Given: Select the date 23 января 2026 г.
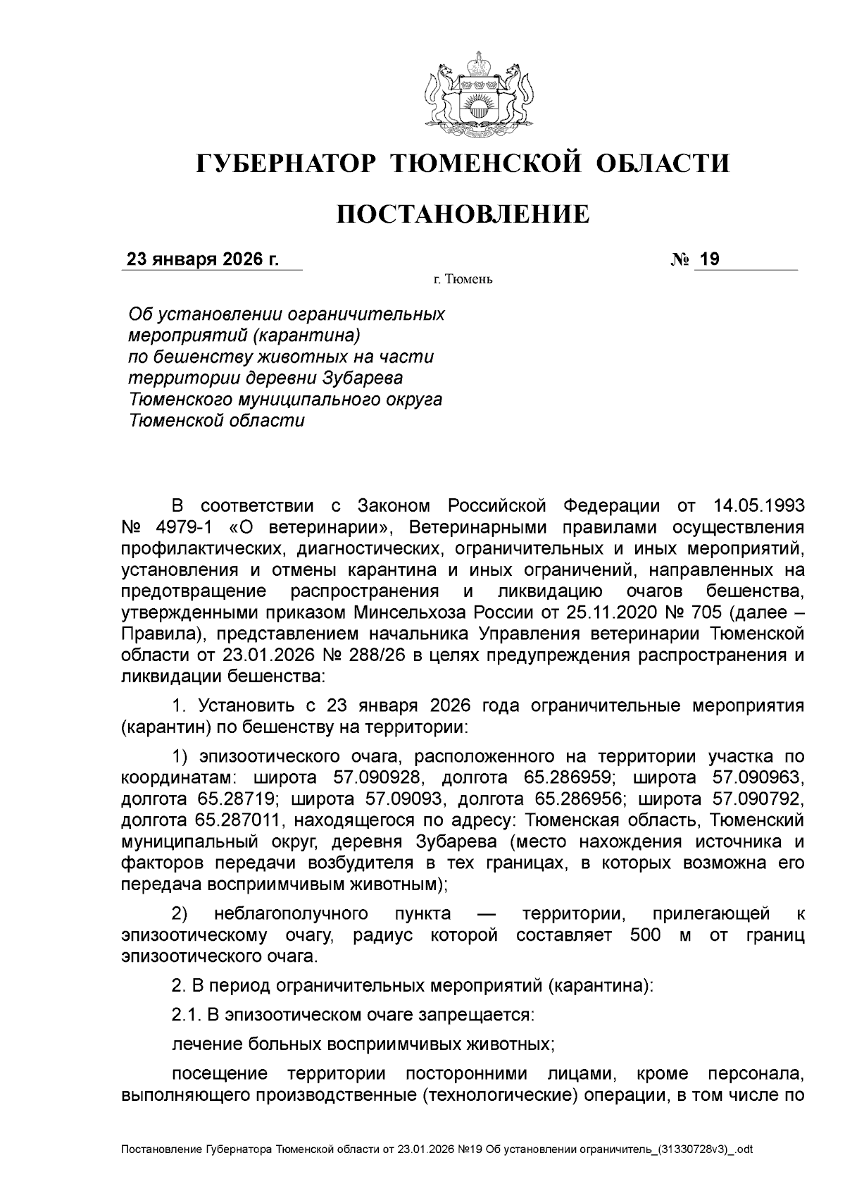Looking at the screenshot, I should (x=202, y=260).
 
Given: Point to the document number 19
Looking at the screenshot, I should (x=709, y=260).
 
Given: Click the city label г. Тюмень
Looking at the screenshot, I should (x=463, y=280).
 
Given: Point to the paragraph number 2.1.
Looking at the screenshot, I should (x=187, y=1015).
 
